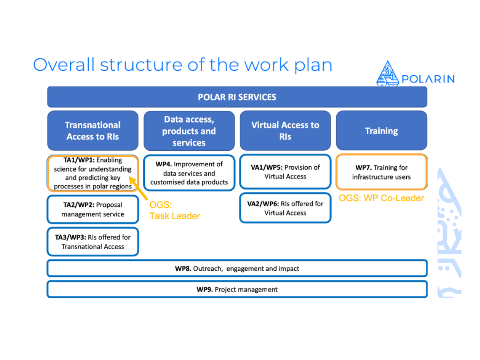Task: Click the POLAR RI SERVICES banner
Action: pyautogui.click(x=237, y=97)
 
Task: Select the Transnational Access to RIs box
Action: pyautogui.click(x=93, y=131)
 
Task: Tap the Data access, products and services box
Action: pyautogui.click(x=189, y=131)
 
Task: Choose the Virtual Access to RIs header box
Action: pyautogui.click(x=285, y=131)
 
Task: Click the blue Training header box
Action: pyautogui.click(x=381, y=131)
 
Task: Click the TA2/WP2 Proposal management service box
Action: pyautogui.click(x=93, y=209)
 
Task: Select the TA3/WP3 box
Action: pyautogui.click(x=93, y=242)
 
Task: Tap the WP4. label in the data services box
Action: pyautogui.click(x=164, y=164)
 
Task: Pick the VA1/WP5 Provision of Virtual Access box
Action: pyautogui.click(x=285, y=172)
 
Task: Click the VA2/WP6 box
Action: pyautogui.click(x=285, y=208)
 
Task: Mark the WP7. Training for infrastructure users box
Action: pyautogui.click(x=381, y=172)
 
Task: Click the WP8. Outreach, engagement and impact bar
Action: pyautogui.click(x=237, y=268)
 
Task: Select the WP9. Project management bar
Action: pyautogui.click(x=237, y=289)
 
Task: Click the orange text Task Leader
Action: pyautogui.click(x=175, y=216)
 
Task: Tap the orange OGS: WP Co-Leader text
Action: pyautogui.click(x=381, y=198)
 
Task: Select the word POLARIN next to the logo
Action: pyautogui.click(x=428, y=79)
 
